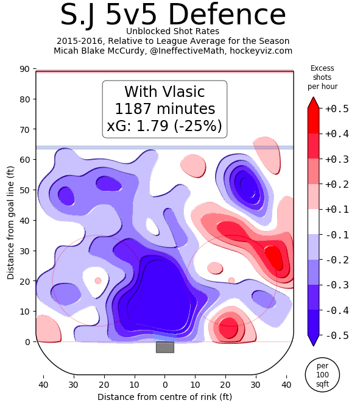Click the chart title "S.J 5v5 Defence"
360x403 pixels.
174,15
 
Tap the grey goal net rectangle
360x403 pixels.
164,347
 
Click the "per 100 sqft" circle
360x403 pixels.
322,374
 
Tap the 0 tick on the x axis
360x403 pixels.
164,385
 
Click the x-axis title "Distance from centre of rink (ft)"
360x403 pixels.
164,397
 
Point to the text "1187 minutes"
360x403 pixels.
164,110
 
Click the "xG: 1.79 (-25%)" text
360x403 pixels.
164,127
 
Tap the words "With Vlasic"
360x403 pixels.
164,92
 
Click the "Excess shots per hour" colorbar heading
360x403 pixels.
322,77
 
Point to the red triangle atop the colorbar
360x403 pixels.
313,102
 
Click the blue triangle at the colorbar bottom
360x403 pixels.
313,341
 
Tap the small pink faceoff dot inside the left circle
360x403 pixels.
98,280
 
